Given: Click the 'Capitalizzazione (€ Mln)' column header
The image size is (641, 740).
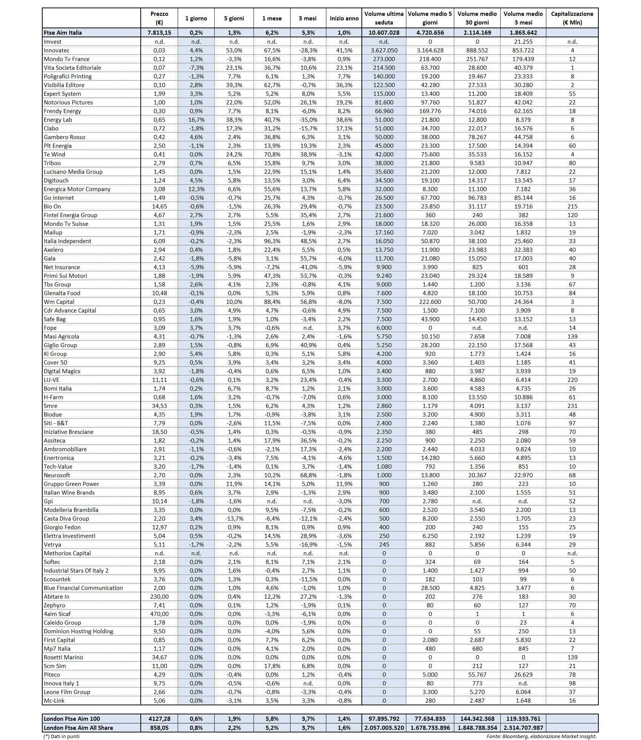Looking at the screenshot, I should (x=572, y=18).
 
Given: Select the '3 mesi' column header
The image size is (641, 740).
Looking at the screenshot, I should (x=308, y=18).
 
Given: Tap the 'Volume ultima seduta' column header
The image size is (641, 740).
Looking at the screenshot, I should (x=384, y=18).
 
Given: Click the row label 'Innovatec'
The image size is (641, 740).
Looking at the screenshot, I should (x=57, y=51).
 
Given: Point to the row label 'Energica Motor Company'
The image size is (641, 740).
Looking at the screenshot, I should (x=77, y=189).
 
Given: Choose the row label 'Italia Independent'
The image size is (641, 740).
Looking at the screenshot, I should (x=68, y=241).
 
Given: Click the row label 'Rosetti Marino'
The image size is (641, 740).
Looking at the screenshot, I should (x=63, y=657).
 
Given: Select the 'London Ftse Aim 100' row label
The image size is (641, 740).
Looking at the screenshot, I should (x=72, y=719).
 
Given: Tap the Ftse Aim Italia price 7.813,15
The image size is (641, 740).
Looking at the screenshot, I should (x=159, y=33).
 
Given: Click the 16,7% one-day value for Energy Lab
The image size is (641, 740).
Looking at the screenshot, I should (x=196, y=120).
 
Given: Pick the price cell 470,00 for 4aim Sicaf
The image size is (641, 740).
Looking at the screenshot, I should (x=159, y=614).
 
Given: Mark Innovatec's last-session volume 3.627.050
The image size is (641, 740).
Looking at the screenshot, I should (x=384, y=51).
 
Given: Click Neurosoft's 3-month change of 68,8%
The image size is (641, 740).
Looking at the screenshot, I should (x=308, y=475).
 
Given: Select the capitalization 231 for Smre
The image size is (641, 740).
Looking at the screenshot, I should (x=572, y=406).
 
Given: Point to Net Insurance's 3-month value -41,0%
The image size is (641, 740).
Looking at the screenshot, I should (x=308, y=267).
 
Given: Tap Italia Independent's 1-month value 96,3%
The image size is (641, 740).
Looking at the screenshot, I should (x=272, y=241).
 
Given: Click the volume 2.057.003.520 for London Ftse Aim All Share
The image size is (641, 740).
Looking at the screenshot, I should (x=384, y=728).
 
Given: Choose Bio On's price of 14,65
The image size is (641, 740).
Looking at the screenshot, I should (x=159, y=207).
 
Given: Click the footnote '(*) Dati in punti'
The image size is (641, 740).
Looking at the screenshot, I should (x=61, y=736).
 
